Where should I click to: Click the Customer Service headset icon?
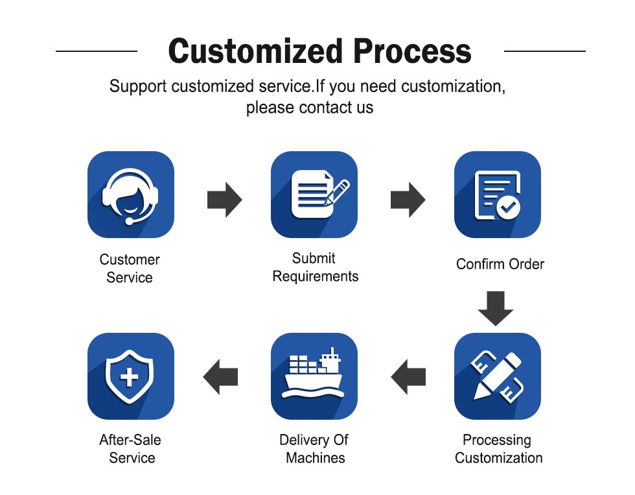(x=130, y=195)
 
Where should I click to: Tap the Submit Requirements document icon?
(x=314, y=195)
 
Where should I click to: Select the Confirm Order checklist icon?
(x=498, y=195)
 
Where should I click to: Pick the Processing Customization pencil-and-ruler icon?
(x=498, y=376)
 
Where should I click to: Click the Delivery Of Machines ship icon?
(x=314, y=376)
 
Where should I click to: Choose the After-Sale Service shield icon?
(x=130, y=376)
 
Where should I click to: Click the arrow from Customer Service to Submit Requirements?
(x=224, y=199)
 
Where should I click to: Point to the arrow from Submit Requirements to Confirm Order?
(x=408, y=199)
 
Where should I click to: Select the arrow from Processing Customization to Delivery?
(x=408, y=376)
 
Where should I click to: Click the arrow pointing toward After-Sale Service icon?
(x=220, y=376)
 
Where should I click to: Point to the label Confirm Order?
(x=500, y=264)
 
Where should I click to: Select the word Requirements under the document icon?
(x=315, y=276)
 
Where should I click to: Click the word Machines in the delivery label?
(x=315, y=457)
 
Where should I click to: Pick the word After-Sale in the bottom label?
(x=130, y=440)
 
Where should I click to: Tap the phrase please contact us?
(x=309, y=107)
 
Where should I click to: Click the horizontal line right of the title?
(x=544, y=51)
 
